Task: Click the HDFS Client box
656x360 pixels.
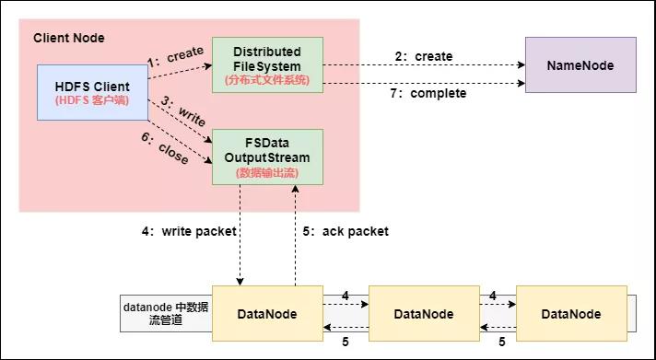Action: pos(92,92)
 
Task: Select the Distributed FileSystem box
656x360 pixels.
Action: pos(266,64)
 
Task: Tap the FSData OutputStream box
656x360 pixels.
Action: pos(266,156)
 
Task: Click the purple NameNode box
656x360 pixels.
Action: pos(580,65)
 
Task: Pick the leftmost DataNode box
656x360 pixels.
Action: pos(267,314)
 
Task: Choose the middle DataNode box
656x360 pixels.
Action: pos(423,314)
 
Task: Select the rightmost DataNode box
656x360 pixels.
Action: pos(571,314)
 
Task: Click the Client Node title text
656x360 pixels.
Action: pos(69,38)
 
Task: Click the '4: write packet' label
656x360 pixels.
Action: pos(189,232)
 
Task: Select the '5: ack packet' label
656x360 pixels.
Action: pos(346,232)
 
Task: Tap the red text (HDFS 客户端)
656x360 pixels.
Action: pos(92,99)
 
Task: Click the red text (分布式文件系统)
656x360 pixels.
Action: pos(266,80)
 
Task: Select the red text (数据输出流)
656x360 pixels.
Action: pos(266,172)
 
